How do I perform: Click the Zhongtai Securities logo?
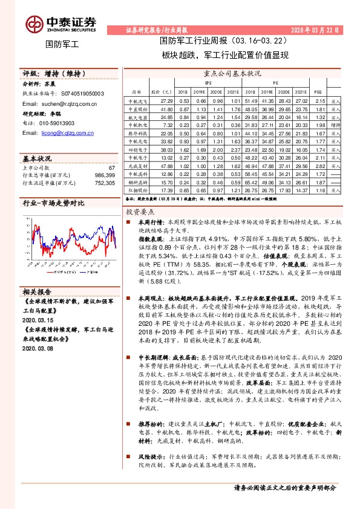click(60, 22)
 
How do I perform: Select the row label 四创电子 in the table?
click(134, 149)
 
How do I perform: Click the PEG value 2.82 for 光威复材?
click(320, 165)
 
